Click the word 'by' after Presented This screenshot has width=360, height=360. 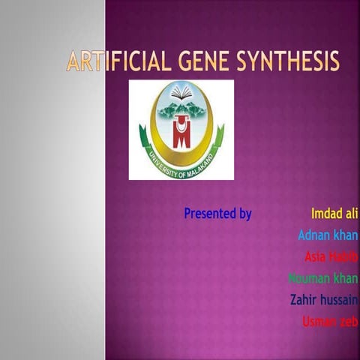tap(245, 214)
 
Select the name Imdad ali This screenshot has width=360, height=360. tap(334, 214)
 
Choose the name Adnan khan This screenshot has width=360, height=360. tap(328, 235)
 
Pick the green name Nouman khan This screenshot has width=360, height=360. tap(323, 279)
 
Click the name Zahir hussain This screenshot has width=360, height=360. tap(324, 300)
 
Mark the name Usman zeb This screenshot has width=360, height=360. tap(330, 322)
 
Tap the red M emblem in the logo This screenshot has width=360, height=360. tap(180, 133)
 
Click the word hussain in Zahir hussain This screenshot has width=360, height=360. tap(341, 300)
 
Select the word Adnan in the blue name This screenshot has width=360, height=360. tap(314, 235)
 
